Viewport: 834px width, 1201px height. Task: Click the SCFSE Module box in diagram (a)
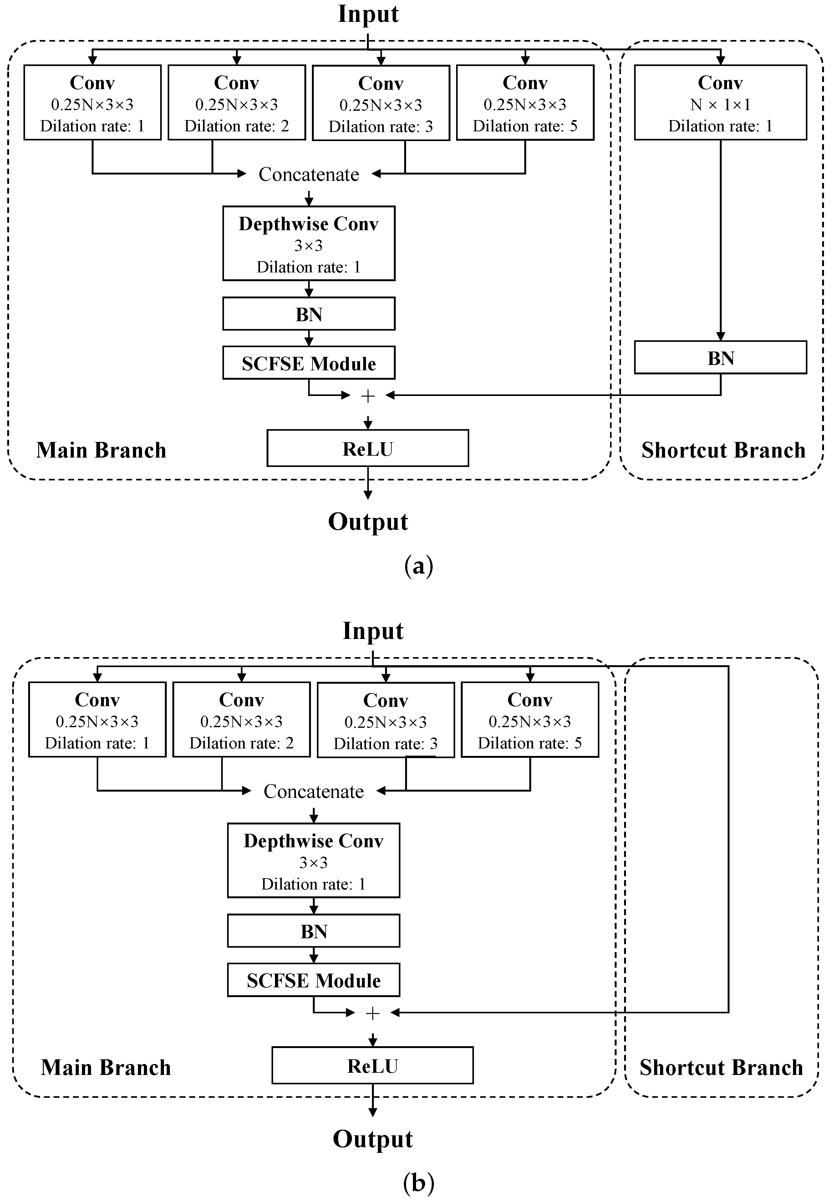309,363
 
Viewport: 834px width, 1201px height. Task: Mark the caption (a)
419,566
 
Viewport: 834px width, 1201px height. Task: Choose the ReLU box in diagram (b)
373,1066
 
